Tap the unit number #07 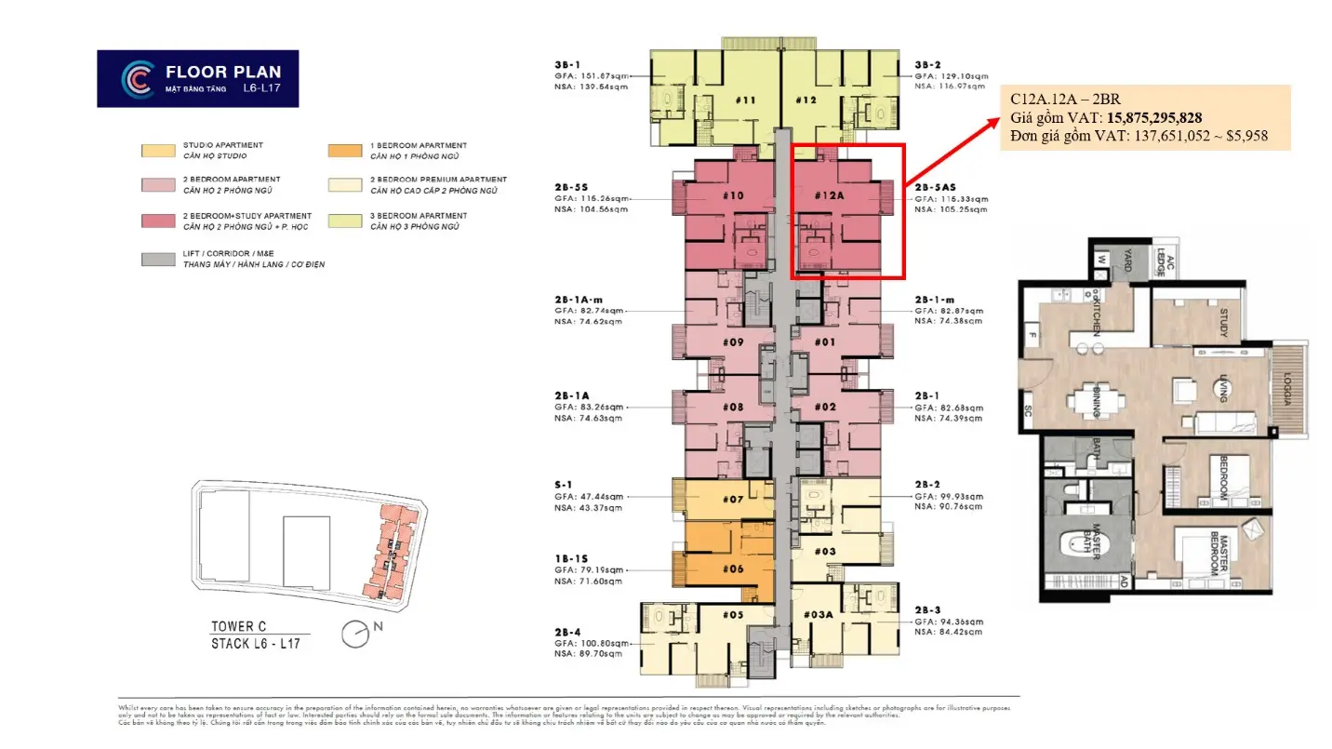[733, 500]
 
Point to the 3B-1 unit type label [567, 65]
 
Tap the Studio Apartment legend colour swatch [158, 151]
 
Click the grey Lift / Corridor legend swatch [158, 260]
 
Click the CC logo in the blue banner [138, 78]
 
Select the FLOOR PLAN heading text [223, 72]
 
